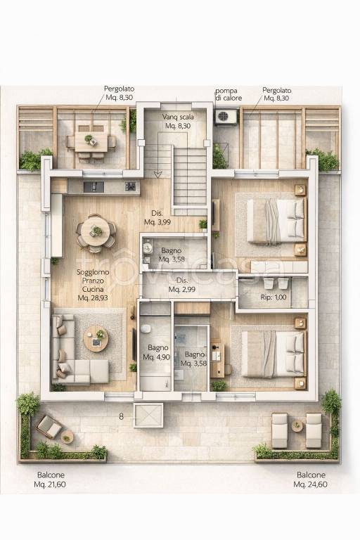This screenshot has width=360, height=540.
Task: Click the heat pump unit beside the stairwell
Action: point(226,117)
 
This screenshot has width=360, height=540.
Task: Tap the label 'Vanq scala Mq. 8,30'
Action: point(178,121)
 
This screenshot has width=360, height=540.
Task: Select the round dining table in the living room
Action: point(96,231)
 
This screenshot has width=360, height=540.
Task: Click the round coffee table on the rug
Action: point(96,339)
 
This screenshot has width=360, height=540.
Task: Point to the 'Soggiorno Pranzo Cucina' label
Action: point(93,281)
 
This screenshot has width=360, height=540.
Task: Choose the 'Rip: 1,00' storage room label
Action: point(274,297)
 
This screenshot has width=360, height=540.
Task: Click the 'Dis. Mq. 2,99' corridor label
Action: point(182,285)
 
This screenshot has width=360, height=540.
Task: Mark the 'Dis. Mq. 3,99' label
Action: point(157,218)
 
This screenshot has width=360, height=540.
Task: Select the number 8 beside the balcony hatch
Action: point(121,416)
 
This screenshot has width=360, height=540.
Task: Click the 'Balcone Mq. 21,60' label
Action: point(50,480)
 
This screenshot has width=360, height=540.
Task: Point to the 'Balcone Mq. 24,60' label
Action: point(310,480)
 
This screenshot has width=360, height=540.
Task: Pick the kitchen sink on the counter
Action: point(94,186)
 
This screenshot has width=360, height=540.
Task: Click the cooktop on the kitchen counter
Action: point(130,186)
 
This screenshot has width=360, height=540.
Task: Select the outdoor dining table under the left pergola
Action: point(91,143)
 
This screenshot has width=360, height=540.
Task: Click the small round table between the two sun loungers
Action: point(297,425)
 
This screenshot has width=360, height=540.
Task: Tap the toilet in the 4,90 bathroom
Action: point(146,328)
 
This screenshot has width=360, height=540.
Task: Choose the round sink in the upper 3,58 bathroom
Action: point(148,247)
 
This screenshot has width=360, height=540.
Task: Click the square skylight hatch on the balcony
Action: point(148,416)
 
